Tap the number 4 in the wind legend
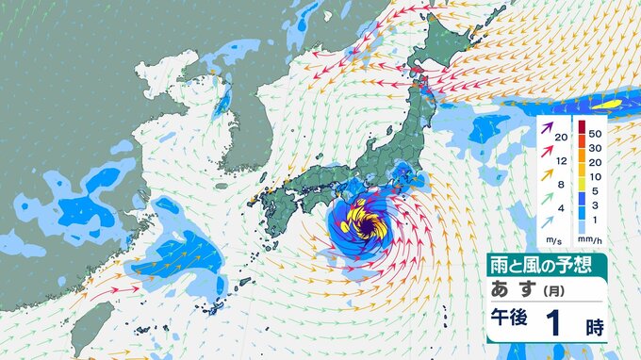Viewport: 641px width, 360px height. point(562,208)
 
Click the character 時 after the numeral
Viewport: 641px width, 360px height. point(594,326)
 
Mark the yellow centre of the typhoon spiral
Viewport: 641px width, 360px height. point(363,223)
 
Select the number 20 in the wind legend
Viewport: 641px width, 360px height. point(562,139)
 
